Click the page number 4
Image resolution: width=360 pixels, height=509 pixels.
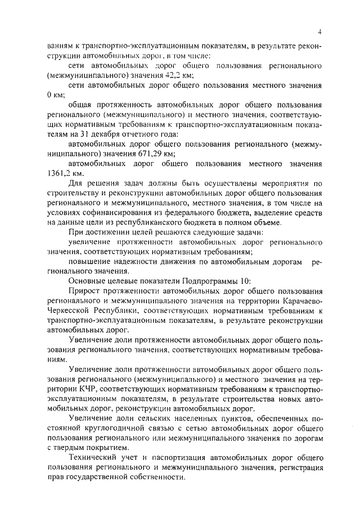point(318,32)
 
